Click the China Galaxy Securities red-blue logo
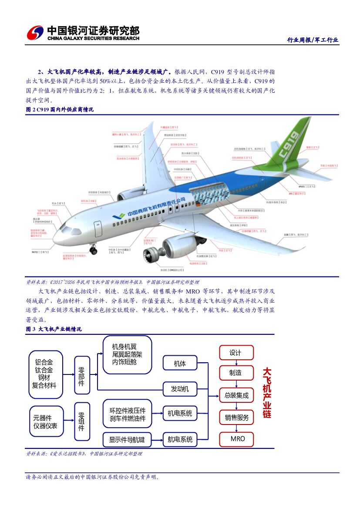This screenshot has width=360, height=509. (x=35, y=33)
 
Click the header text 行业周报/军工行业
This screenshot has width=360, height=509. (x=312, y=40)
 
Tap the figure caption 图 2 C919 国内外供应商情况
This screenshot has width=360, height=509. (x=60, y=110)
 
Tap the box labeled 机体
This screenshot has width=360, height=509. (x=180, y=364)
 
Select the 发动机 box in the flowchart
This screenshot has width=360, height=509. (x=180, y=389)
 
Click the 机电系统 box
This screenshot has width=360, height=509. (x=180, y=413)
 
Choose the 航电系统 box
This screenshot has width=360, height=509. (x=180, y=439)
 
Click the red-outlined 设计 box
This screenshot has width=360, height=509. (x=236, y=353)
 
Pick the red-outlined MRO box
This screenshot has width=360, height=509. (x=237, y=438)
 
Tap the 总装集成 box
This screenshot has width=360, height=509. (x=236, y=395)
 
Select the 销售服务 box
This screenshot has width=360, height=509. (x=236, y=417)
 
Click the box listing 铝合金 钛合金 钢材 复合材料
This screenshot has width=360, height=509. (x=45, y=374)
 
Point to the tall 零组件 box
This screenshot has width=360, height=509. (x=81, y=421)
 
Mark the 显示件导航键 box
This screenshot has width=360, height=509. (x=127, y=440)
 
